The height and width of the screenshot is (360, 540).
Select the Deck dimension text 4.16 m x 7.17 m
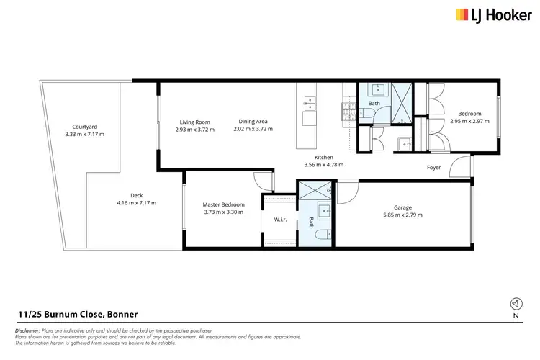pyautogui.click(x=136, y=202)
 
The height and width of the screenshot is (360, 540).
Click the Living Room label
pyautogui.click(x=194, y=122)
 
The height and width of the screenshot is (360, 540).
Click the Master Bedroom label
pyautogui.click(x=223, y=204)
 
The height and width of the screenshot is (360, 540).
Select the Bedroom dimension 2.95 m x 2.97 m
pyautogui.click(x=469, y=121)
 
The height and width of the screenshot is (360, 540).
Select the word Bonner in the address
pyautogui.click(x=122, y=315)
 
